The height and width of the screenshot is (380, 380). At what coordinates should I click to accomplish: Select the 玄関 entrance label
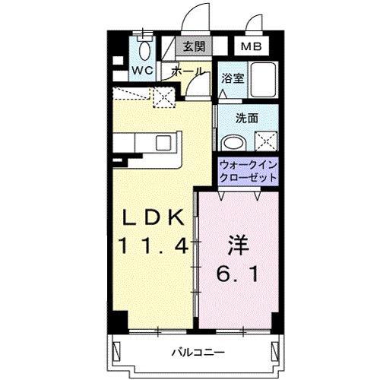[193, 46]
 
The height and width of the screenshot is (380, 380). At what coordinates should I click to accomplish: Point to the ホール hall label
[187, 71]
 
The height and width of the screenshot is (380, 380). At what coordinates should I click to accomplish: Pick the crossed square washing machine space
[267, 141]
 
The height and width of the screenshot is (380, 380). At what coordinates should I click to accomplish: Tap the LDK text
[153, 217]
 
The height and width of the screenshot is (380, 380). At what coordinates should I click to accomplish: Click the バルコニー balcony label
[196, 353]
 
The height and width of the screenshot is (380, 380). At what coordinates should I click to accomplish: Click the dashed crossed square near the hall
[161, 97]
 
